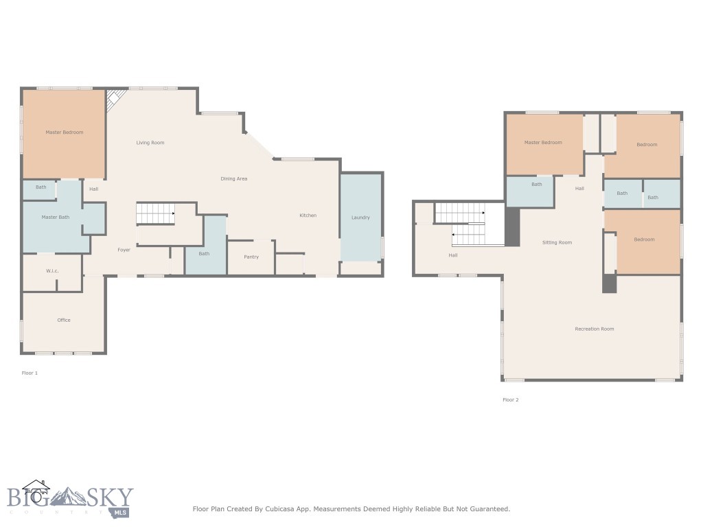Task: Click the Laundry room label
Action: tap(360, 218)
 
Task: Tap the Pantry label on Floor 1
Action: tap(251, 257)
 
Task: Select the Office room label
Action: tap(64, 320)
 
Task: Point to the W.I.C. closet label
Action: tap(52, 271)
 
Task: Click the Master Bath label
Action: tap(55, 218)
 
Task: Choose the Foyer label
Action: tap(124, 250)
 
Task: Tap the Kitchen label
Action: tap(308, 215)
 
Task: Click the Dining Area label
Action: tap(233, 178)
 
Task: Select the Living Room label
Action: tap(150, 143)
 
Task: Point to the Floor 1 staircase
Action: tap(155, 213)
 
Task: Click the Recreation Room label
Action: tap(594, 329)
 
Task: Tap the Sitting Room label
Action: tap(557, 242)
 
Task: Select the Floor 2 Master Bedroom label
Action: tap(543, 143)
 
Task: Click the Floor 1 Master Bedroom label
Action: tap(64, 132)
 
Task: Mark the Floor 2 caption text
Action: tap(510, 399)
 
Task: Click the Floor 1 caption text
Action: tap(30, 373)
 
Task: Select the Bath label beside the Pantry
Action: tap(204, 253)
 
